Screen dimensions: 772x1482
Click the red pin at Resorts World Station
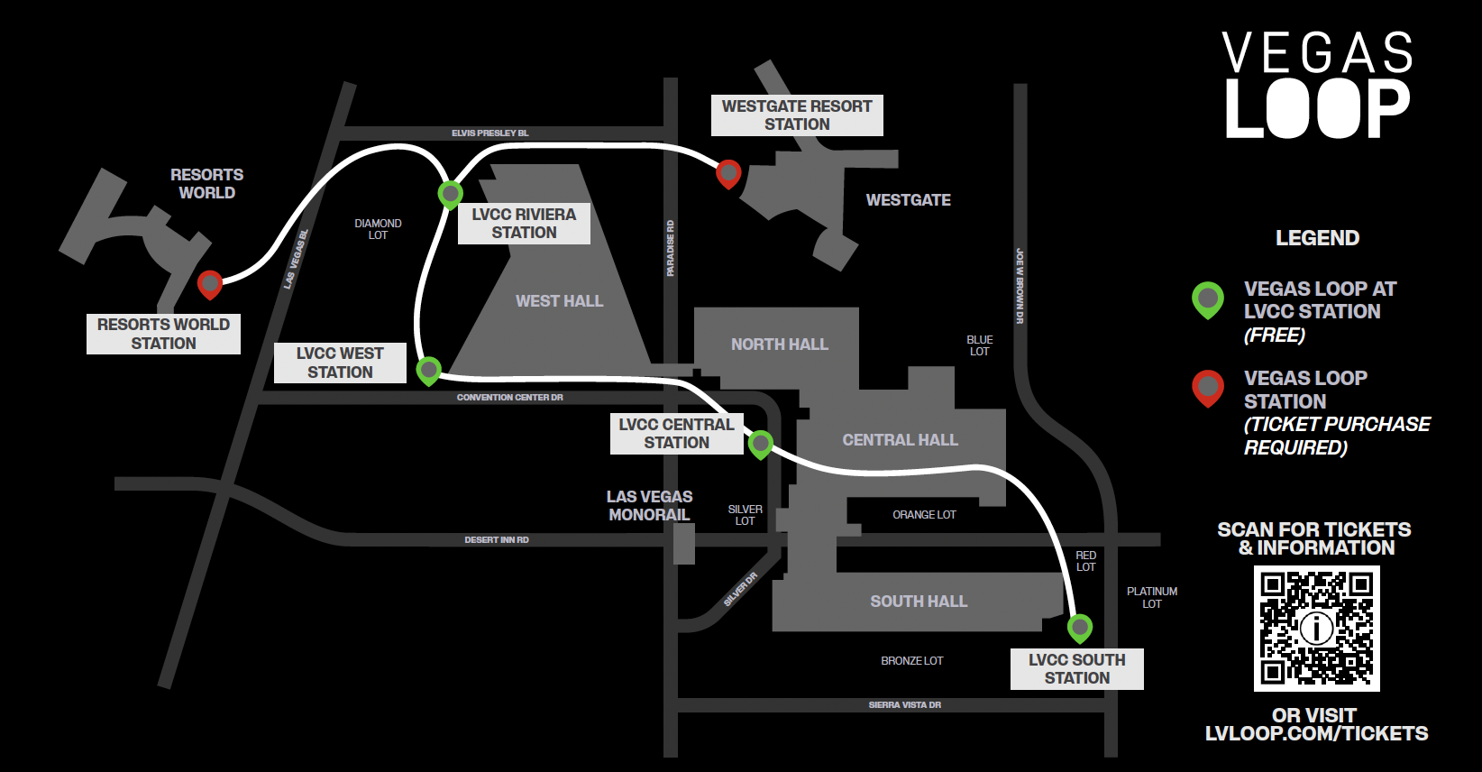[210, 284]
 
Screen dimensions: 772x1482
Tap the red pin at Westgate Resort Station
[728, 172]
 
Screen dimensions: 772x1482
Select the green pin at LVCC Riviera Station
[450, 193]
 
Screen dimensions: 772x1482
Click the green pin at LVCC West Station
[429, 369]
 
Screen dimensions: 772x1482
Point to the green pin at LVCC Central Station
[761, 443]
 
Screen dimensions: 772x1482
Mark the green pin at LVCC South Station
[1080, 627]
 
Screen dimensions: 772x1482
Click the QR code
[1316, 629]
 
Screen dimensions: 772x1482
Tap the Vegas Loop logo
[1317, 85]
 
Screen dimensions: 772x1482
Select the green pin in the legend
[1208, 299]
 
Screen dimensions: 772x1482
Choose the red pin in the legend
[1208, 387]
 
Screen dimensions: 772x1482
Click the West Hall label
[559, 301]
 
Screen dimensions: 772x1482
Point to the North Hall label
[780, 345]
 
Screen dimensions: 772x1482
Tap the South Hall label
[919, 602]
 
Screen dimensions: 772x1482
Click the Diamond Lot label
[378, 229]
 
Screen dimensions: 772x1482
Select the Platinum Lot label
[1152, 598]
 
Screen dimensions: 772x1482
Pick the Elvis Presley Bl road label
[490, 133]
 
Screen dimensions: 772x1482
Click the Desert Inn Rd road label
[497, 540]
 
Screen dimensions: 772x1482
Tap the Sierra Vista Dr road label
[905, 705]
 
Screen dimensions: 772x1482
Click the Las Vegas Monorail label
[649, 506]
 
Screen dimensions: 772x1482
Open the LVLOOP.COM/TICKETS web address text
[1316, 734]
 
